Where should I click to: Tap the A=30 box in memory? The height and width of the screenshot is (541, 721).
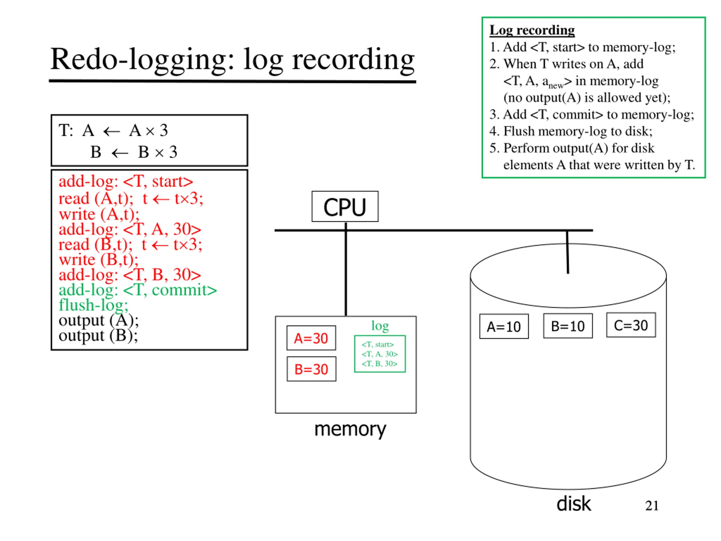point(311,338)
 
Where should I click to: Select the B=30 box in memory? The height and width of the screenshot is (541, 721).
point(311,369)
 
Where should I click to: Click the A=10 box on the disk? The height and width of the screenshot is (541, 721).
point(504,326)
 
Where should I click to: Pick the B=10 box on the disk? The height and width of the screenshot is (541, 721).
point(568,326)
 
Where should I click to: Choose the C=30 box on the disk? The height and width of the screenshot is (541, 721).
point(631,325)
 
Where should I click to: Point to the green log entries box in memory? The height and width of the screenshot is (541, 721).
point(380,354)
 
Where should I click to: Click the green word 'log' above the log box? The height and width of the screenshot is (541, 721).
point(380,326)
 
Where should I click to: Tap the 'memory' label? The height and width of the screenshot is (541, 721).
point(350,429)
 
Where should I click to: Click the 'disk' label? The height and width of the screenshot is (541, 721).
point(574,504)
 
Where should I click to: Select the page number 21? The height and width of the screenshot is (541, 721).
point(652,506)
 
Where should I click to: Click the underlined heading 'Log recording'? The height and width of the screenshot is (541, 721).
point(532,30)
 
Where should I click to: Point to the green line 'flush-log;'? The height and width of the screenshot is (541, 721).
point(93,305)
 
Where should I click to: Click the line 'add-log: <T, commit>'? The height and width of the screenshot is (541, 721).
point(137,290)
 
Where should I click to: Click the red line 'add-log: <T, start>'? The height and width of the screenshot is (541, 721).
point(126,181)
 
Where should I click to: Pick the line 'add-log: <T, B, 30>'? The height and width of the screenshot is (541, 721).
point(130,274)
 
